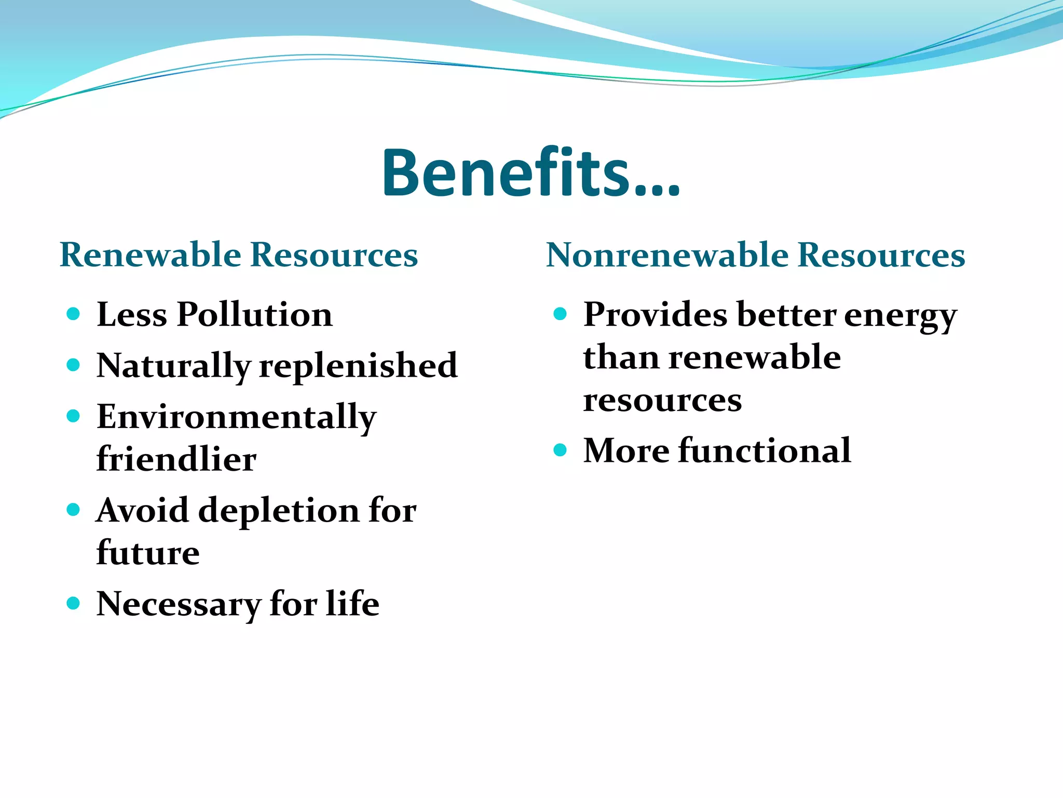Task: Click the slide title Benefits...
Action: click(530, 173)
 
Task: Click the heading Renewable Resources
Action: click(239, 255)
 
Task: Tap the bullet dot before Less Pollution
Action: click(73, 314)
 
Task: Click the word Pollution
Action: click(254, 315)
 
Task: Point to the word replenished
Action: click(358, 366)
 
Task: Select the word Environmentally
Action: click(236, 418)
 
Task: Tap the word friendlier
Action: click(176, 459)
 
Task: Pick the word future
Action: click(148, 553)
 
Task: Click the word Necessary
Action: click(178, 605)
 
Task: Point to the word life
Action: click(352, 604)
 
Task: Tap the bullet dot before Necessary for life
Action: click(73, 603)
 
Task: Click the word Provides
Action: click(655, 315)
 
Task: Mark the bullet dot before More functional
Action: click(560, 449)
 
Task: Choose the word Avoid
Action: click(142, 510)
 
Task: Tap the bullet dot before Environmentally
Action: click(73, 416)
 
